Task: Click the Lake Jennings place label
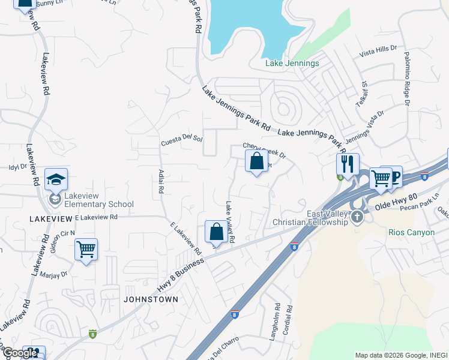292,63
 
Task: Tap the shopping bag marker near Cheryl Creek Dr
256,161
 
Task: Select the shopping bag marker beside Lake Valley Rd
216,232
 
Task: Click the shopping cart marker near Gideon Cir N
86,249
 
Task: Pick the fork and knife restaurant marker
348,163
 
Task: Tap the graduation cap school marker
56,180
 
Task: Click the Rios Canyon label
411,232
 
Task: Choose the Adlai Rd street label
161,181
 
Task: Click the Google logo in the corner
20,353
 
